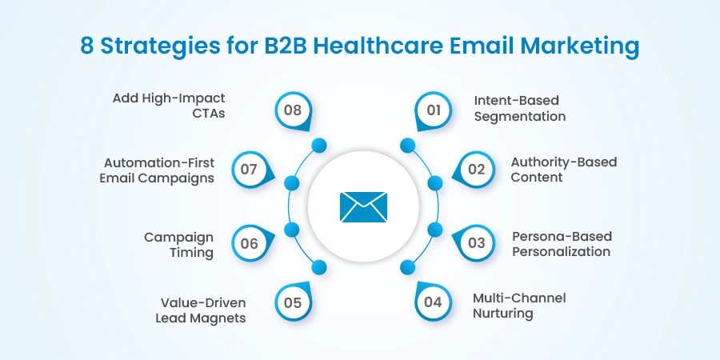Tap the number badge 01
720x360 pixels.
pos(434,110)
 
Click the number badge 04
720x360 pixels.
pos(434,302)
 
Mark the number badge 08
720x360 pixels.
pos(293,110)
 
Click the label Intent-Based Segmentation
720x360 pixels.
pos(520,109)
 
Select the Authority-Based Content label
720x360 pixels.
pos(564,170)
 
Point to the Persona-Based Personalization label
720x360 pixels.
pos(562,244)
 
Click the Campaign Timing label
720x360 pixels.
pos(178,245)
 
